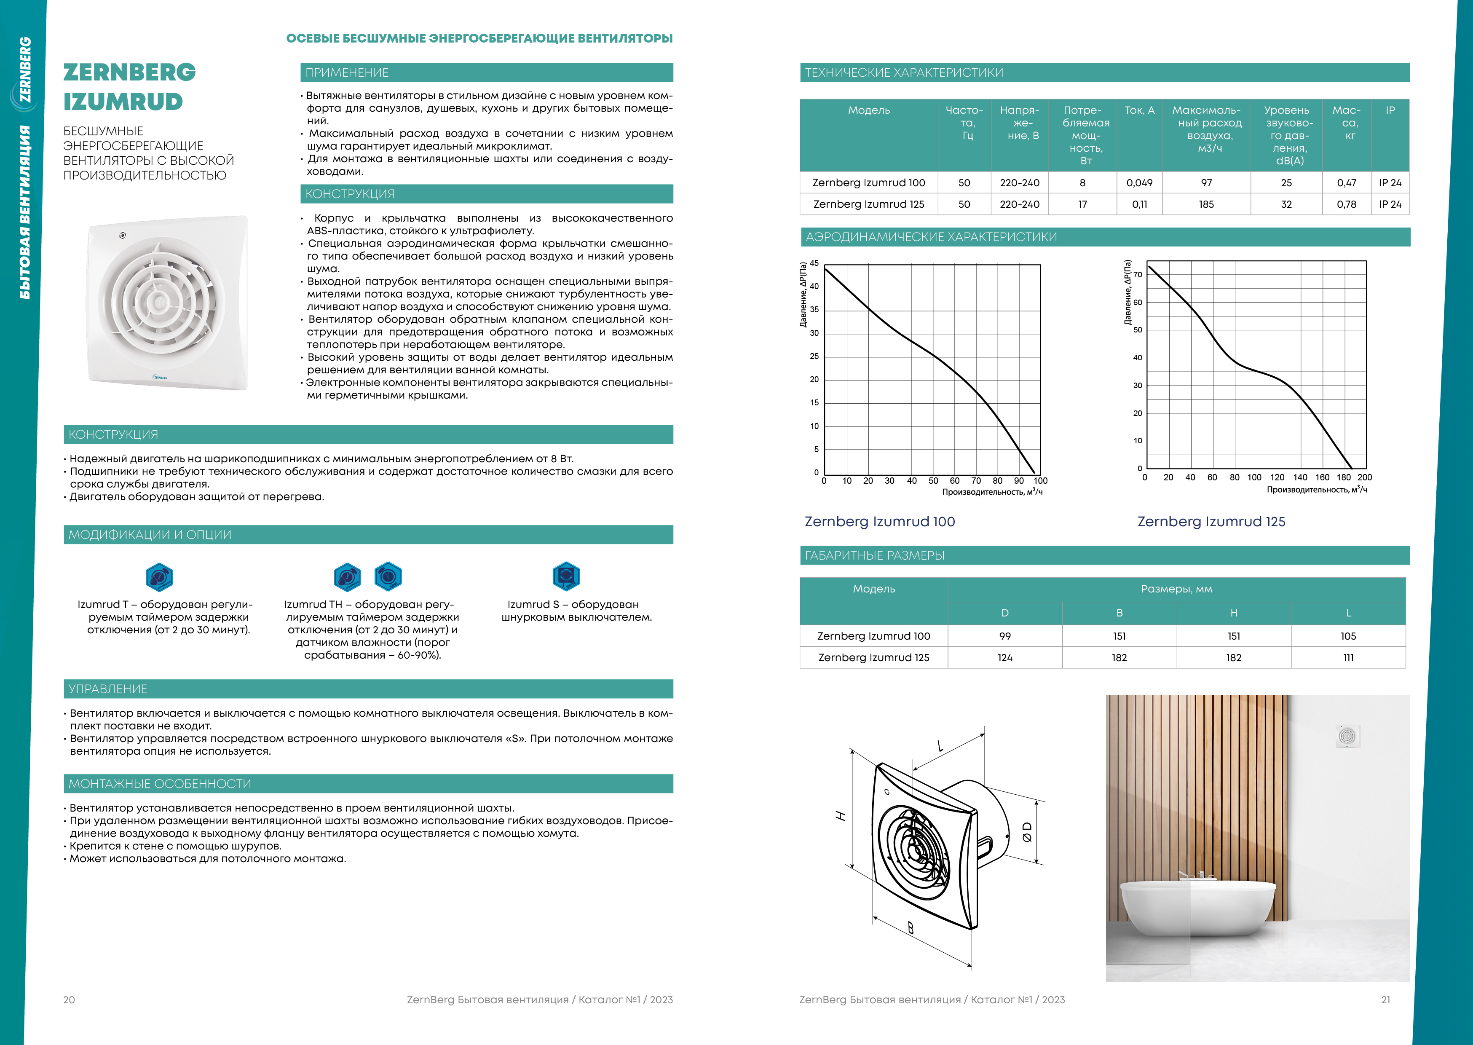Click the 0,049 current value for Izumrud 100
pos(1139,183)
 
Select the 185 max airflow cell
pos(1206,205)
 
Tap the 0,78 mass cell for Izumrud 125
pos(1346,205)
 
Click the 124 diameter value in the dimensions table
pos(1005,658)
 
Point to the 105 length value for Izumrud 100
pos(1348,636)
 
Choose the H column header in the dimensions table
pos(1234,613)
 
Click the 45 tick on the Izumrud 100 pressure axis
pos(814,263)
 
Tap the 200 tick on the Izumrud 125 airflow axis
pos(1364,477)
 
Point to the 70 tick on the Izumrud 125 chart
pos(1137,275)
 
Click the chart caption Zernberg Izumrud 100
pos(879,522)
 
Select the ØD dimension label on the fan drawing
pos(1027,832)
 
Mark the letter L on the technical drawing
pos(940,746)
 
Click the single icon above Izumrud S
pos(566,576)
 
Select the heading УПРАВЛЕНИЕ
pos(108,689)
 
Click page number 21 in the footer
pos(1385,1000)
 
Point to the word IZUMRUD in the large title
pos(123,102)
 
